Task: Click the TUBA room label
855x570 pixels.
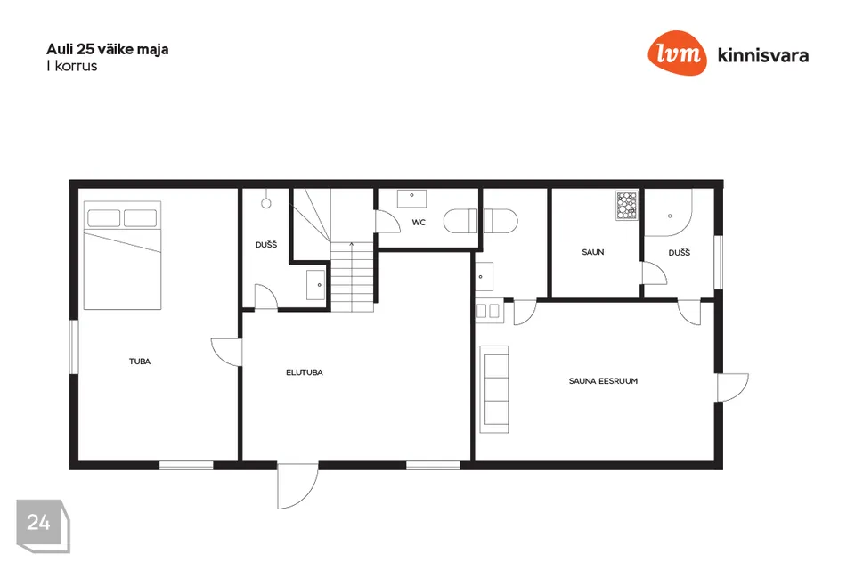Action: (140, 361)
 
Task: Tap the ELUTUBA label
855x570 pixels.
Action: (305, 372)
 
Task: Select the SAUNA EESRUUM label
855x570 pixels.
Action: (603, 381)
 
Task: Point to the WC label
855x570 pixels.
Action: (419, 223)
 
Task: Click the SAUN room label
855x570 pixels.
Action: (593, 252)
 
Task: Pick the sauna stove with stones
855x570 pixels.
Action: (627, 205)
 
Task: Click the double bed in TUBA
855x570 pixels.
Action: (123, 256)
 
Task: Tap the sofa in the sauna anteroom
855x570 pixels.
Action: (494, 389)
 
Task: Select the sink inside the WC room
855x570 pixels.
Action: (411, 199)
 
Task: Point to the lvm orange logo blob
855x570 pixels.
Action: (677, 53)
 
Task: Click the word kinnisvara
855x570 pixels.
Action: (763, 55)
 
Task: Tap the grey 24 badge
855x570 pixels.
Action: (43, 525)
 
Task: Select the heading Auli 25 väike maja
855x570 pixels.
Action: (108, 49)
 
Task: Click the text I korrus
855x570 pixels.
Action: (72, 66)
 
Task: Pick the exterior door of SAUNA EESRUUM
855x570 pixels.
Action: (733, 387)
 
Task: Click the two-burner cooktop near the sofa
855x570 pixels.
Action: (488, 311)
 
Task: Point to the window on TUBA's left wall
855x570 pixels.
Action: (74, 347)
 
